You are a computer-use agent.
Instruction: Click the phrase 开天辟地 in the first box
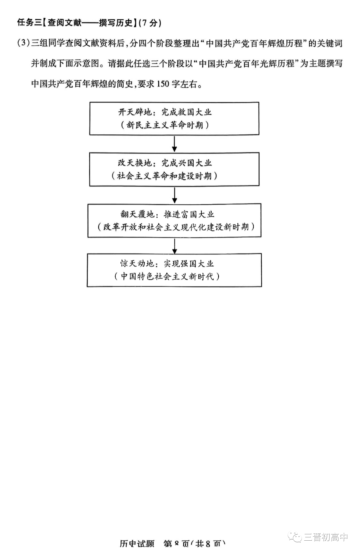(135, 112)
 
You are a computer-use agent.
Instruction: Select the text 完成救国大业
(187, 112)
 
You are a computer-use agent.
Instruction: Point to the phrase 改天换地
(135, 163)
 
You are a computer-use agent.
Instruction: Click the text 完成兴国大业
(187, 163)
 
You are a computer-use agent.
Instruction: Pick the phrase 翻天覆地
(137, 214)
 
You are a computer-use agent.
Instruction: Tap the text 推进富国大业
(189, 214)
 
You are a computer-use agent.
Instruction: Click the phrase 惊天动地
(137, 263)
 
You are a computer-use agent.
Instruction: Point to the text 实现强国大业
(189, 263)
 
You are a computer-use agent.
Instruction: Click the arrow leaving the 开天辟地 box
(174, 144)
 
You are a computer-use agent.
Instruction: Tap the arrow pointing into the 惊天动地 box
(174, 245)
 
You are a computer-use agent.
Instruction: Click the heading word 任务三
(29, 23)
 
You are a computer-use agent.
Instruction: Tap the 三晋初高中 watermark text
(326, 537)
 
